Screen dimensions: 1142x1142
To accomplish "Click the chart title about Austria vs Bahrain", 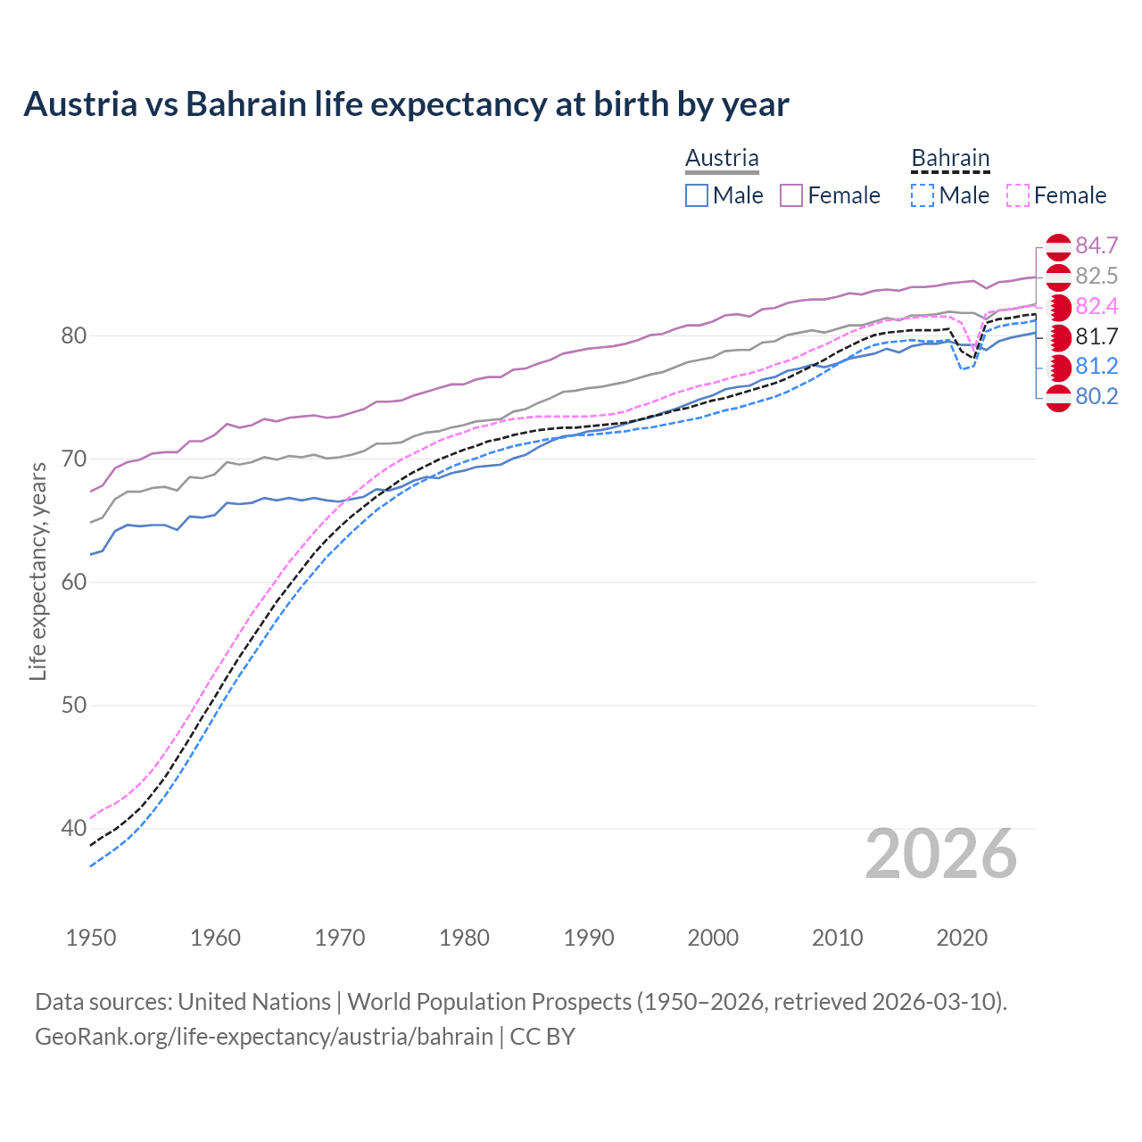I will [406, 104].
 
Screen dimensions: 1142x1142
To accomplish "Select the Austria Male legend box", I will [697, 195].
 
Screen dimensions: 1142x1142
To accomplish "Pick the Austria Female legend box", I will [791, 195].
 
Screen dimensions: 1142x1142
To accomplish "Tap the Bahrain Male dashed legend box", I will [923, 195].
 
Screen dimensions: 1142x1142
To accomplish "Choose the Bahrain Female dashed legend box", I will [1018, 195].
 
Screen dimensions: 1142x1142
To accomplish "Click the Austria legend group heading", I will [722, 158].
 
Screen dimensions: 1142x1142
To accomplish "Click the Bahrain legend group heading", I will [950, 158].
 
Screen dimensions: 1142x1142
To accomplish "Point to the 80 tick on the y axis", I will [73, 336].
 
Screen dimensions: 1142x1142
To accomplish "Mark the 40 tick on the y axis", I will [73, 829].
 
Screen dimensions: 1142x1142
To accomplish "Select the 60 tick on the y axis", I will [73, 583].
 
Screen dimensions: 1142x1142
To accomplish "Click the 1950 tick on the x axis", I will [91, 938].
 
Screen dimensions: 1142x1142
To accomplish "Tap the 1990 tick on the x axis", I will [589, 938].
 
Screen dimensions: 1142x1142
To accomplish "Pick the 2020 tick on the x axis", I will [962, 938].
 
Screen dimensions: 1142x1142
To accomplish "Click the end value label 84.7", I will [1096, 246].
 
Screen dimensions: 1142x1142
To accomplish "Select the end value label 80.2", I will [1096, 397].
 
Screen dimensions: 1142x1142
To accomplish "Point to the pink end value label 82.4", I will [1096, 307].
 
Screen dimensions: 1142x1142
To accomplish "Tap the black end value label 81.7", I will [1096, 337].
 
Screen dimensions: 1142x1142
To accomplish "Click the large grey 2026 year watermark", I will [941, 854].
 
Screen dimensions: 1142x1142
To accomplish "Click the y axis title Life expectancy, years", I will [38, 571].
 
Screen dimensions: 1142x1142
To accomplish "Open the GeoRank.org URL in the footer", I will [264, 1037].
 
